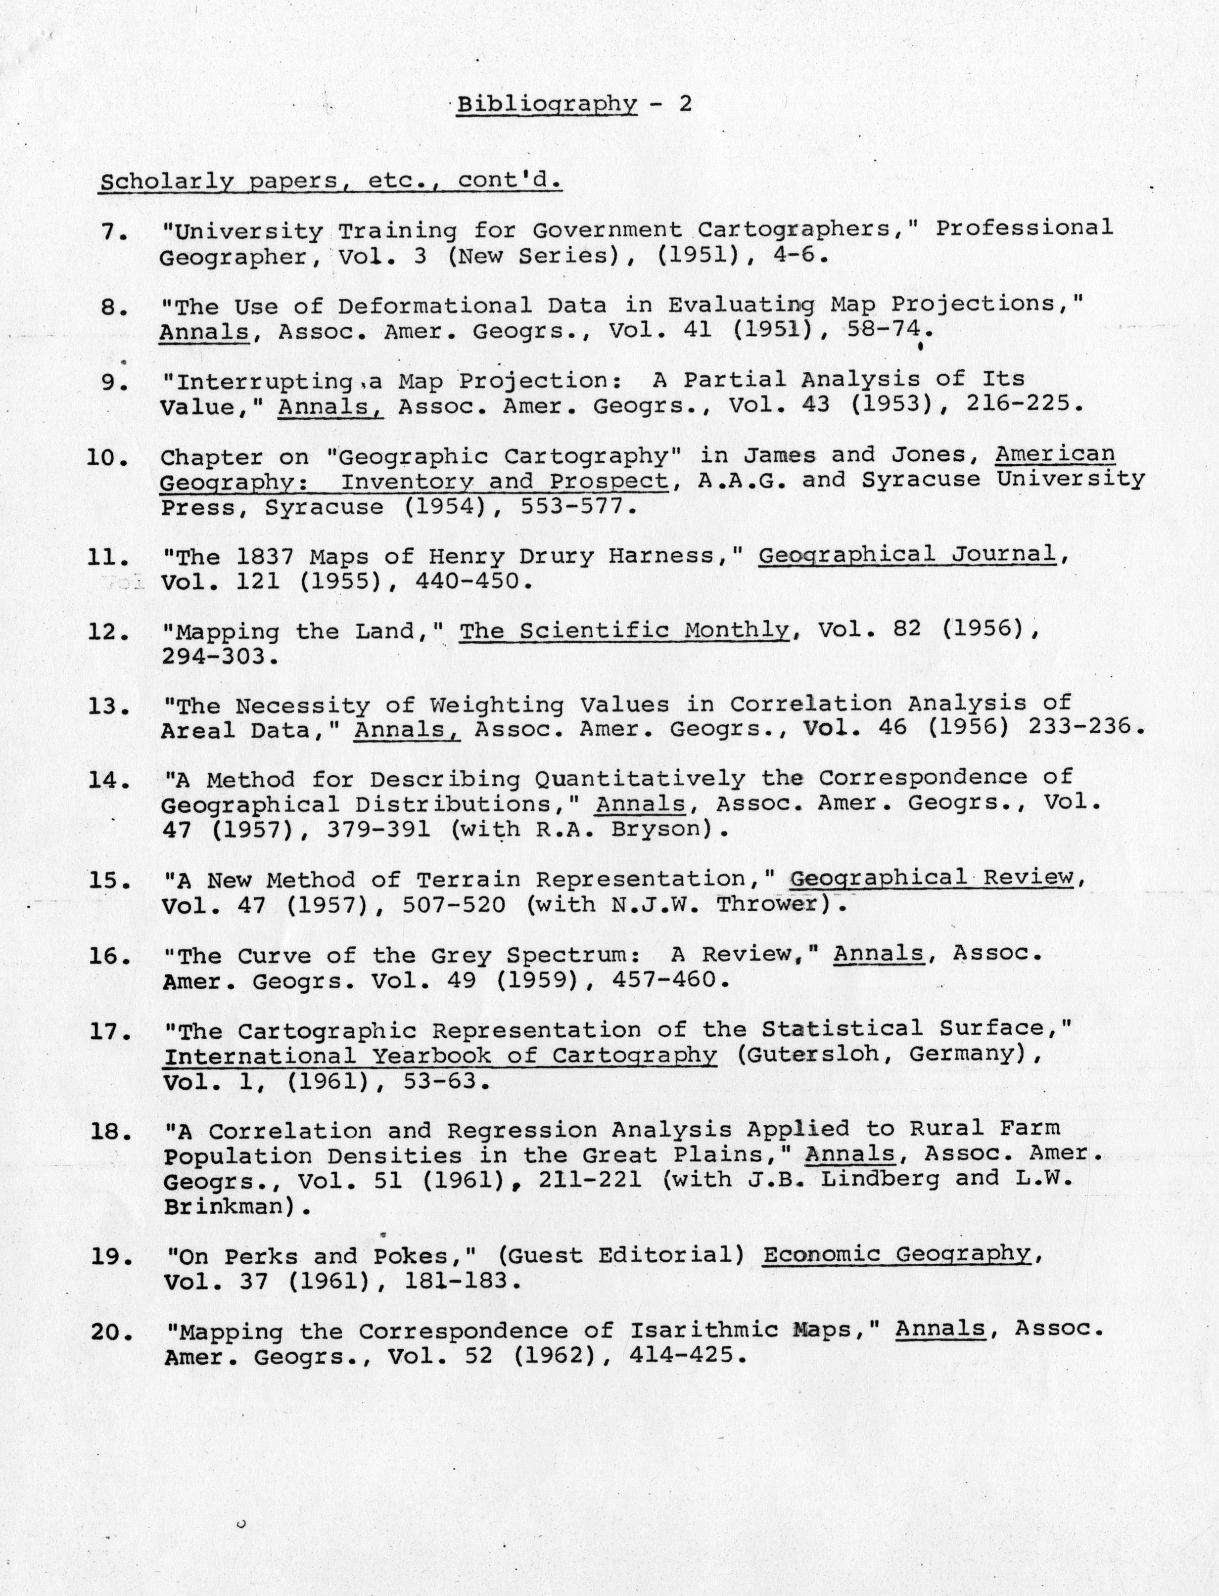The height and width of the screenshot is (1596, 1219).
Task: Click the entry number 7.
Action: pyautogui.click(x=114, y=233)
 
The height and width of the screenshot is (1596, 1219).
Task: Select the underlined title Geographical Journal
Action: pyautogui.click(x=907, y=555)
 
